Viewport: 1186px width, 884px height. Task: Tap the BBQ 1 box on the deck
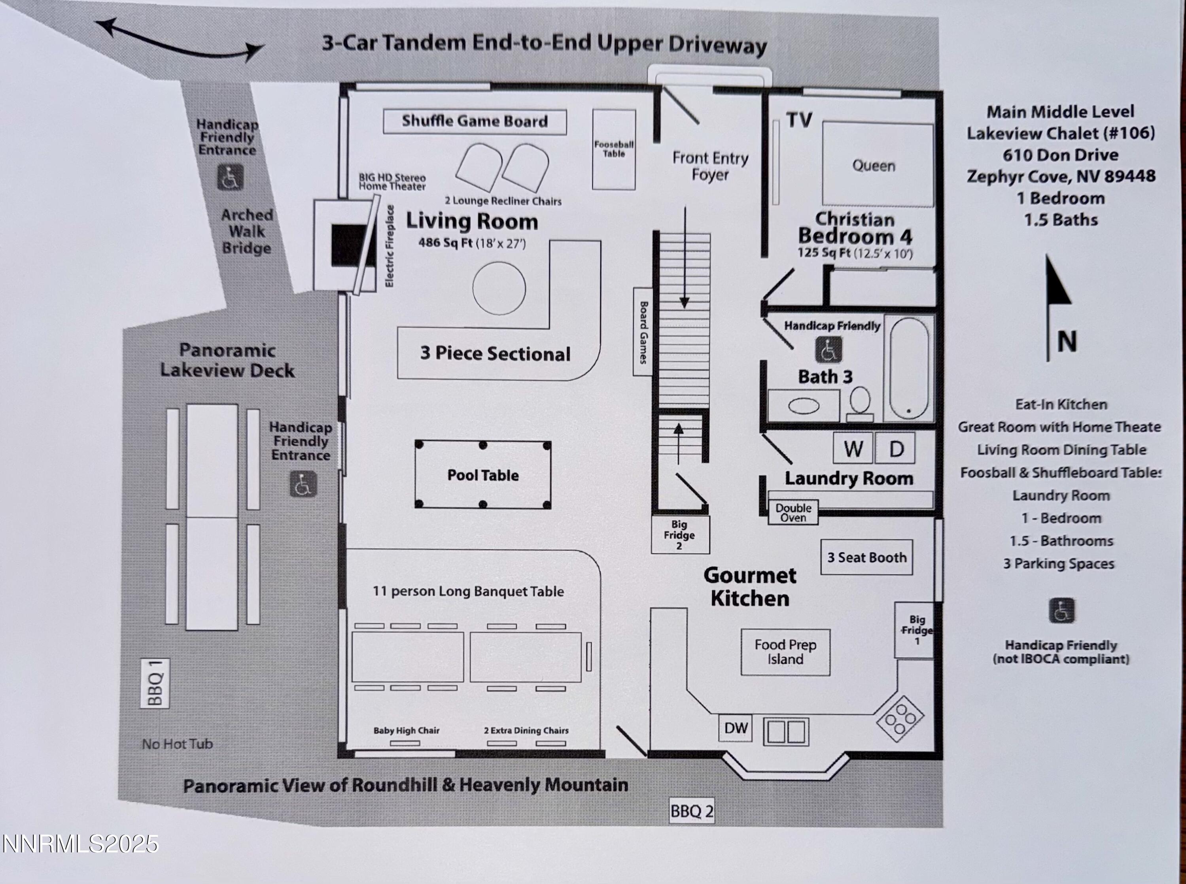point(155,683)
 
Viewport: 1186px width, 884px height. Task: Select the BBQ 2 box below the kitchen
point(692,811)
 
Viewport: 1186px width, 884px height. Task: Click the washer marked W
point(853,448)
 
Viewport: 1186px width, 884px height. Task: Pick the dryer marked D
point(895,448)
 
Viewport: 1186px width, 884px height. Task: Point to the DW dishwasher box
point(735,728)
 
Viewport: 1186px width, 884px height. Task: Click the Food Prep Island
point(785,652)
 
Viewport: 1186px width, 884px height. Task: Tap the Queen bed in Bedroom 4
point(878,164)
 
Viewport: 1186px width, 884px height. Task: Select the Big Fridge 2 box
point(680,535)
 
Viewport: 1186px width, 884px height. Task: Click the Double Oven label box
point(793,512)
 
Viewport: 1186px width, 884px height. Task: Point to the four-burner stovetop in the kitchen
point(900,718)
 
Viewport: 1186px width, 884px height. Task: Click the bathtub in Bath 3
point(909,368)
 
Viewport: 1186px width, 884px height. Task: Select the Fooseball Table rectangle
point(614,149)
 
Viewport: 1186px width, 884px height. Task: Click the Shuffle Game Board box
point(475,121)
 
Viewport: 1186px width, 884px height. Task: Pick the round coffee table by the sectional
point(499,288)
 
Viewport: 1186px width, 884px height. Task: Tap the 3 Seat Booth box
point(866,557)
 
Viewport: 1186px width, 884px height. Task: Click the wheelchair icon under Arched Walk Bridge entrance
point(231,178)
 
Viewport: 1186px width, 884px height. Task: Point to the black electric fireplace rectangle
point(350,245)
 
